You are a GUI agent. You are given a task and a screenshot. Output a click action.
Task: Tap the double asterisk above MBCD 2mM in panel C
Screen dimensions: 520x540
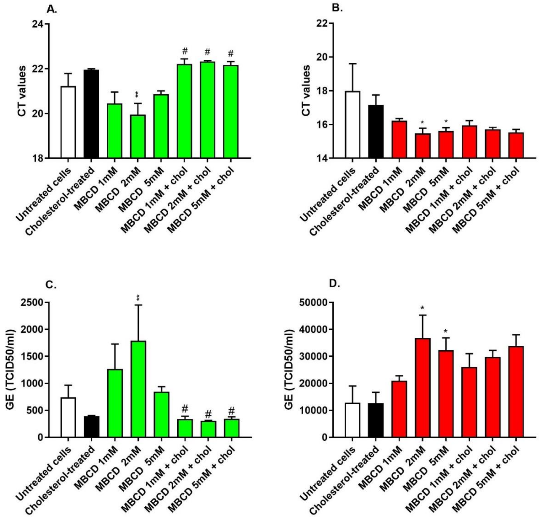pos(138,298)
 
